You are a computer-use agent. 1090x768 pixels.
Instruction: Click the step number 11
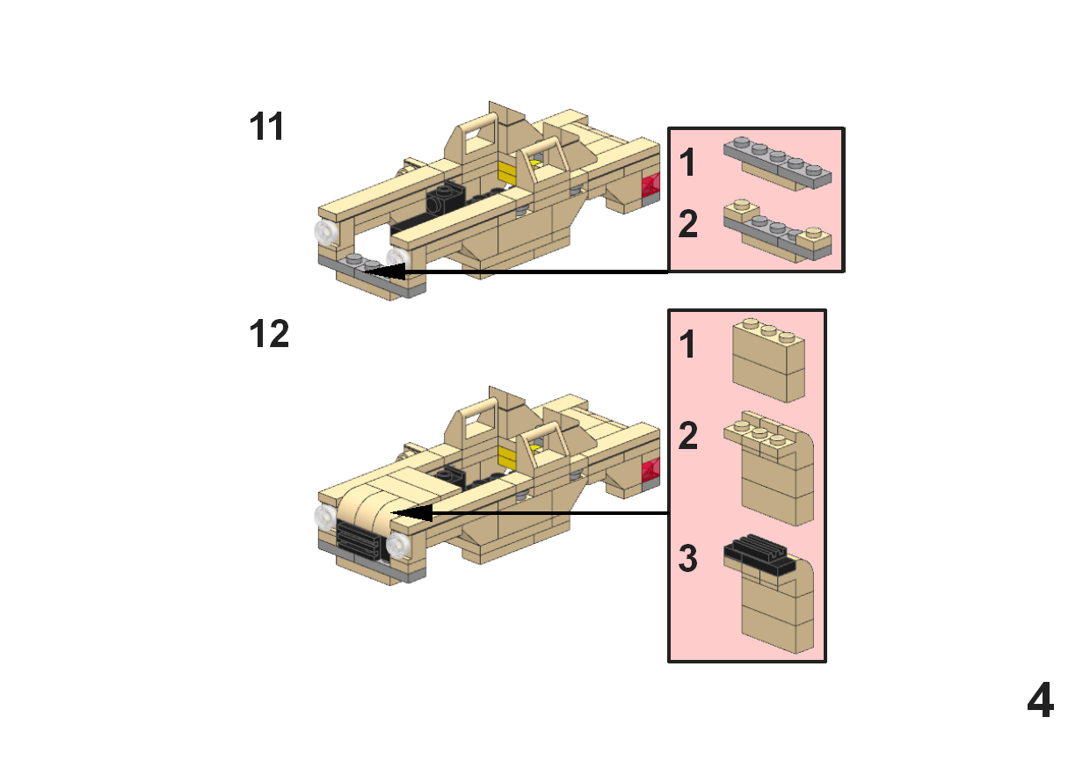coord(267,127)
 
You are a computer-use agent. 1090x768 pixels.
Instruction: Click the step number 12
coord(269,335)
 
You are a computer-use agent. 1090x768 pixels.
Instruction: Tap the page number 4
coord(1040,701)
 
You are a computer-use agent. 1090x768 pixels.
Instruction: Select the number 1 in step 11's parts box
coord(687,163)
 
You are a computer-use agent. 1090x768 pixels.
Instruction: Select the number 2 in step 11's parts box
coord(688,225)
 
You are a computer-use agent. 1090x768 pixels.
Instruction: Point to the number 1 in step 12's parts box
coord(687,345)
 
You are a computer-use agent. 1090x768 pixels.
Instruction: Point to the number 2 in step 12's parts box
coord(688,436)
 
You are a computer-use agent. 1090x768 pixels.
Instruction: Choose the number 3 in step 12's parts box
coord(688,558)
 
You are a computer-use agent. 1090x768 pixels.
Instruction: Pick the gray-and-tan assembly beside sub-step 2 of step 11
coord(777,230)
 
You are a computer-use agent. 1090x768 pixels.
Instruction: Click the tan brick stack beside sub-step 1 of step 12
coord(769,360)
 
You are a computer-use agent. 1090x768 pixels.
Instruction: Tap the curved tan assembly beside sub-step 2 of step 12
coord(774,470)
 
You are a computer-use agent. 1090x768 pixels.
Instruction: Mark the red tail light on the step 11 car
coord(651,185)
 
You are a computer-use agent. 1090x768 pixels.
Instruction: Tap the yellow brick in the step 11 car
coord(507,171)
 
